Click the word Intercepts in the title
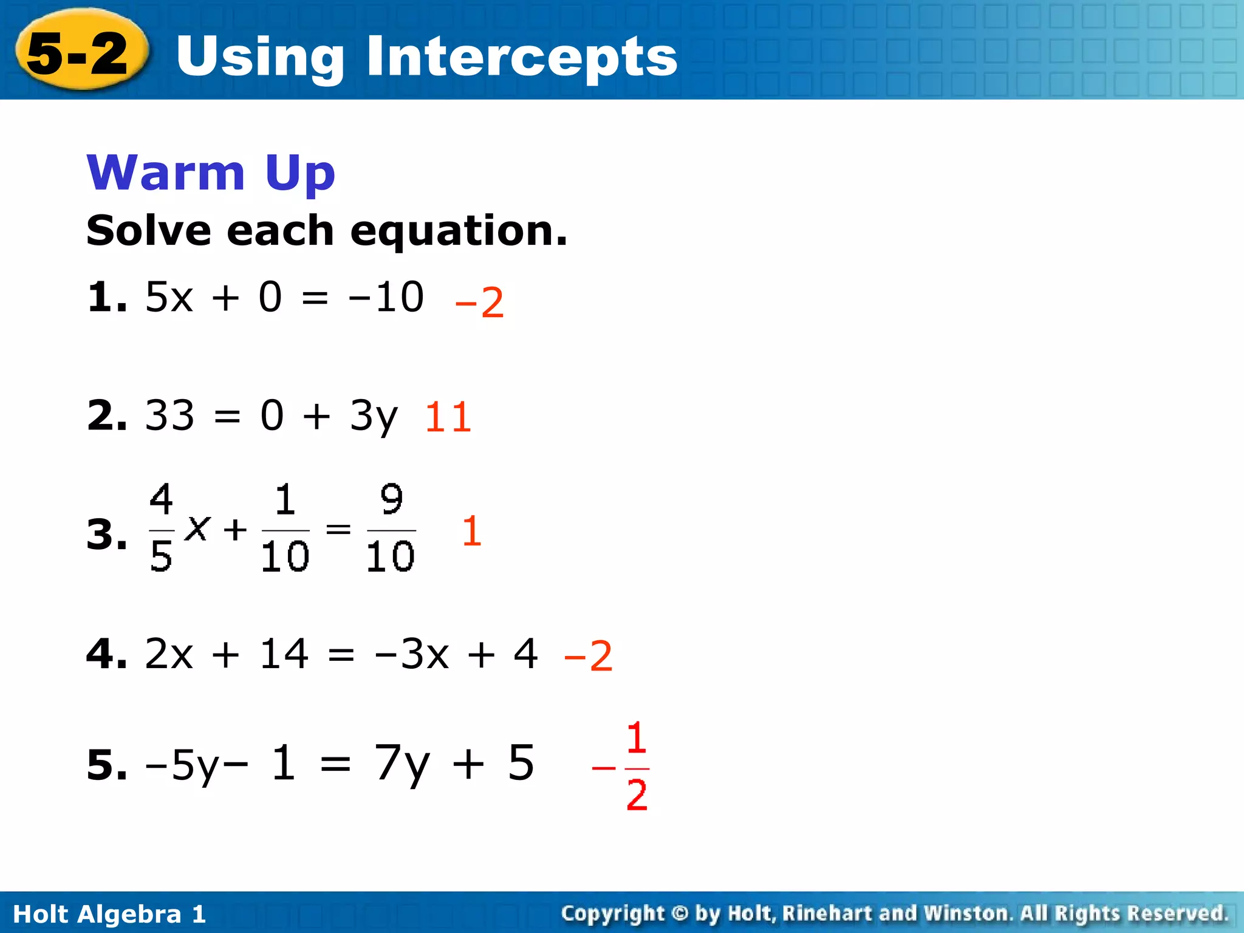[x=521, y=56]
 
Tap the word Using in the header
[x=260, y=56]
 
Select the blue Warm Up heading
[x=210, y=173]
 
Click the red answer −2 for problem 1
[x=479, y=302]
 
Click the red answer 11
[x=448, y=417]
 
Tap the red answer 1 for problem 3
[x=471, y=531]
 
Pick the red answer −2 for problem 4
[x=588, y=656]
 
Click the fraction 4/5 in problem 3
[x=161, y=527]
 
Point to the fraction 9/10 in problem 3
[x=391, y=527]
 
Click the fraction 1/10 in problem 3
[x=285, y=527]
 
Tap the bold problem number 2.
[x=106, y=416]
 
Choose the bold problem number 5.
[x=106, y=765]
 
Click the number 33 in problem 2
[x=169, y=416]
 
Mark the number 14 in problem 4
[x=284, y=654]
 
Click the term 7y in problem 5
[x=402, y=764]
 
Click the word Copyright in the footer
[x=612, y=914]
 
